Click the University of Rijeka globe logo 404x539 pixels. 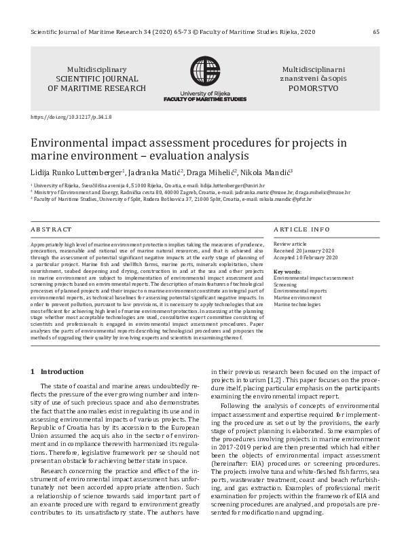coord(204,71)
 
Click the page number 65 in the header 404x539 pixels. coord(376,32)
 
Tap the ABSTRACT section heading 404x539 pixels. coord(51,230)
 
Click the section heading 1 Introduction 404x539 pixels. coord(49,371)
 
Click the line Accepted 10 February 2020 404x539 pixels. coord(306,258)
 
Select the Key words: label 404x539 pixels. coord(287,271)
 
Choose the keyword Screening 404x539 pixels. coord(284,284)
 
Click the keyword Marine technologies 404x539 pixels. coord(297,304)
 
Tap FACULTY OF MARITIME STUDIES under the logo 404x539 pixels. coord(204,99)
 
